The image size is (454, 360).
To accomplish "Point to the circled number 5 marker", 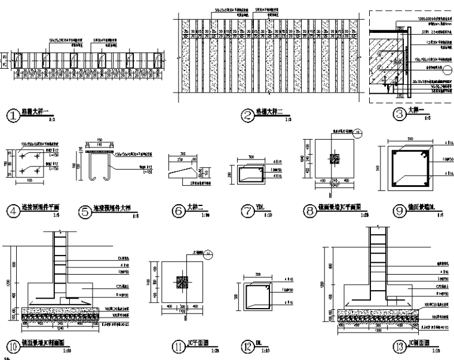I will (x=84, y=210).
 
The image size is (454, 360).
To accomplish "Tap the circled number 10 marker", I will (x=11, y=345).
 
